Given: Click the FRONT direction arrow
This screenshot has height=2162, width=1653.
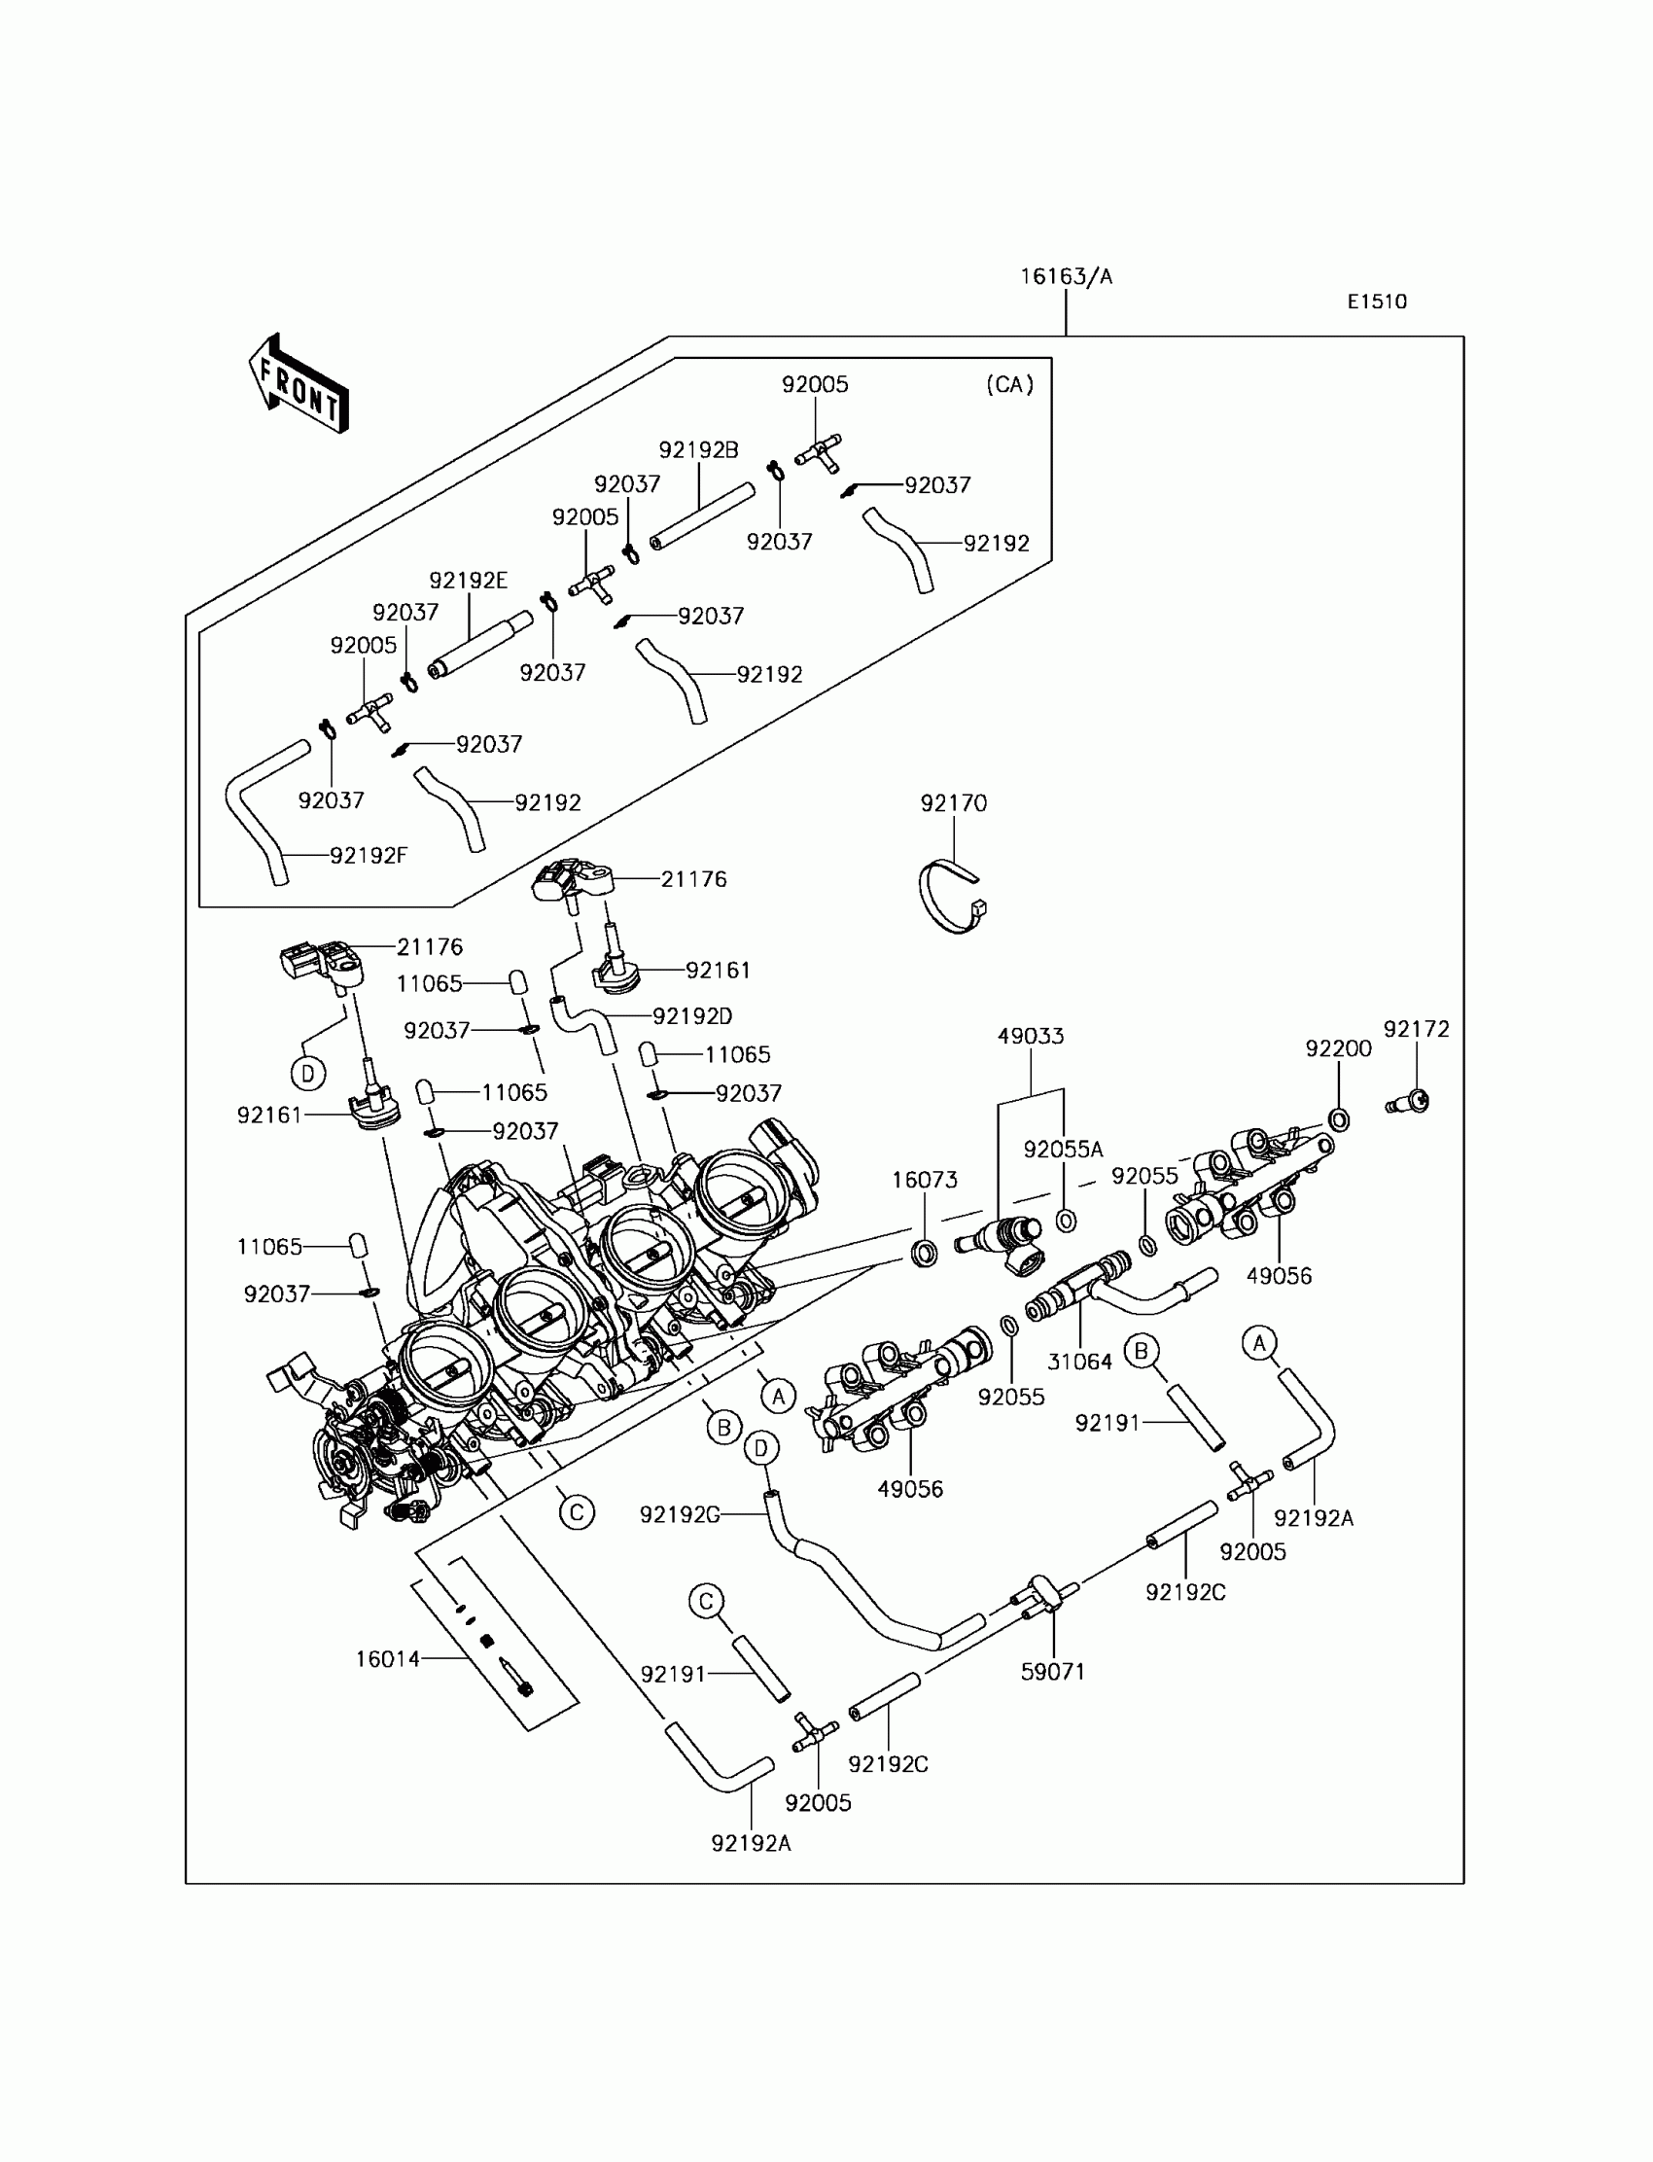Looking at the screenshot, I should [x=299, y=385].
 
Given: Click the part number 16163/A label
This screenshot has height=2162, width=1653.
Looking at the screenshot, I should [x=1066, y=277].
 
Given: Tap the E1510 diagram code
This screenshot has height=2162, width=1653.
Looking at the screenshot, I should [x=1377, y=302].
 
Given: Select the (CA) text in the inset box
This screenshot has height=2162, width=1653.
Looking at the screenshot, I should [x=1009, y=385].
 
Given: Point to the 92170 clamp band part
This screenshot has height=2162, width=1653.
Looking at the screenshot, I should [x=951, y=896].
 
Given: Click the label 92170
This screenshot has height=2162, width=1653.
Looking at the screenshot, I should [x=954, y=803].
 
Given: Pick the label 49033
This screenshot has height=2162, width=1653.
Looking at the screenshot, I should [x=1030, y=1036].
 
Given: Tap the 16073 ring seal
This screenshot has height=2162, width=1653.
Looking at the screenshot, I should [x=924, y=1254].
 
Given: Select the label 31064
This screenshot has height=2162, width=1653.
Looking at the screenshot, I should [x=1079, y=1362].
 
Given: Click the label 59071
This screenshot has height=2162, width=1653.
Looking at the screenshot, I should [x=1053, y=1672].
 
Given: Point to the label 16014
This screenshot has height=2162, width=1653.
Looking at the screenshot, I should [x=388, y=1659].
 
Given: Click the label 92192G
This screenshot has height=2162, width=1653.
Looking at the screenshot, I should [x=680, y=1515].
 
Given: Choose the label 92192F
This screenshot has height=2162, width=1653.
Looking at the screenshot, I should [x=368, y=856].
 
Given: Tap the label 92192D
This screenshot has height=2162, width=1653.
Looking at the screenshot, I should [x=692, y=1015].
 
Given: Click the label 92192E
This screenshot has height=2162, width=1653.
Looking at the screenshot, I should [x=469, y=581].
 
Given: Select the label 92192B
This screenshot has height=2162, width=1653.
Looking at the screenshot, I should [x=698, y=449].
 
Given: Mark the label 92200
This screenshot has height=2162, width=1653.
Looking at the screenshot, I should [x=1338, y=1049].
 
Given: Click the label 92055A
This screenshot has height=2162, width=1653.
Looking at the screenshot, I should [x=1063, y=1150].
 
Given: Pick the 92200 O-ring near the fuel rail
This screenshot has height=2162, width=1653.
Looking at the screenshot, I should [x=1338, y=1118].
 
